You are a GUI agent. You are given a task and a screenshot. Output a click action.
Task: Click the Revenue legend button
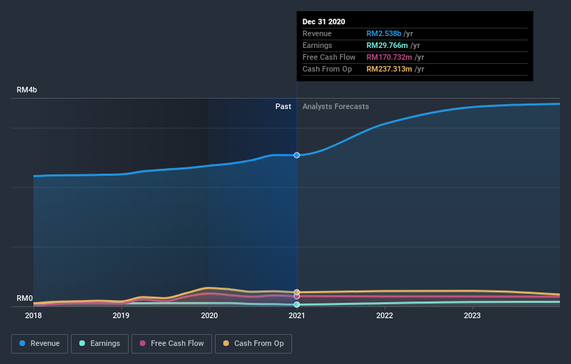[x=39, y=343]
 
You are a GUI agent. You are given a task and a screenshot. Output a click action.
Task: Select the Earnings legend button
[x=99, y=343]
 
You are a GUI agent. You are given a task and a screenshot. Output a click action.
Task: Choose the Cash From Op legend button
[x=254, y=343]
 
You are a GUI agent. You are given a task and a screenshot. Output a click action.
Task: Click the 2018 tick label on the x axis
[x=33, y=315]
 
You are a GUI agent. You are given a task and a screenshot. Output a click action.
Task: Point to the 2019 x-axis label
[x=121, y=315]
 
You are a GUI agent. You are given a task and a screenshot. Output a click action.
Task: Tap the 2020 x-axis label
[x=209, y=315]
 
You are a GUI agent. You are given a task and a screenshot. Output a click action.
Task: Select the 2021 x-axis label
[x=297, y=315]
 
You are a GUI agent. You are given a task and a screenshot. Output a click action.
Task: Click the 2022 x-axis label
[x=385, y=315]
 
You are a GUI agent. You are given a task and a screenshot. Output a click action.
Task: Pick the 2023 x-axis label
[x=472, y=315]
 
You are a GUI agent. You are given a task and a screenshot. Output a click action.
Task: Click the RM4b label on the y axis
[x=27, y=90]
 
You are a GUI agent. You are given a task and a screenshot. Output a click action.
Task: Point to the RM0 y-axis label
[x=25, y=299]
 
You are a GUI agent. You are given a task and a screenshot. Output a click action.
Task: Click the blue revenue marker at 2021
[x=297, y=155]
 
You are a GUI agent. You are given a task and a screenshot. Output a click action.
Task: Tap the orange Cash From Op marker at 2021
[x=297, y=292]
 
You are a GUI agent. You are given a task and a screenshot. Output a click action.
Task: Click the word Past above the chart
[x=283, y=106]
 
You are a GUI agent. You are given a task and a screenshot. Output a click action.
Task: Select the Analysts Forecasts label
[x=335, y=106]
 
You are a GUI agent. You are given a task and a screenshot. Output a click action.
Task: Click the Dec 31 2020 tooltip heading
[x=323, y=22]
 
